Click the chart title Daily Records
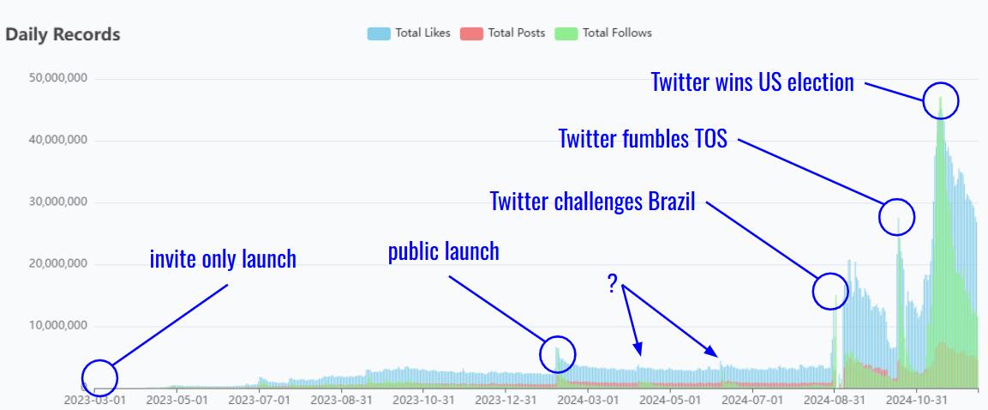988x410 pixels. (x=63, y=35)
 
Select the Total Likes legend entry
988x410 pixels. (x=410, y=33)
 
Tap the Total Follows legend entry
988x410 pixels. (x=603, y=33)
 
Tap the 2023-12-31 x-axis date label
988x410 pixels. (x=506, y=399)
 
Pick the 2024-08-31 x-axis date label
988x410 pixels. (x=835, y=399)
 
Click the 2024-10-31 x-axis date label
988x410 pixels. (x=917, y=399)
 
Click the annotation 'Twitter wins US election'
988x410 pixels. (x=752, y=82)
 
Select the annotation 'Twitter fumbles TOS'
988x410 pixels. (x=643, y=138)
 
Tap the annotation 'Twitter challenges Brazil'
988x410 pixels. (x=592, y=202)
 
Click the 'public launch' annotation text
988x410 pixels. (x=443, y=251)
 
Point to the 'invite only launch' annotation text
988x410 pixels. (x=223, y=258)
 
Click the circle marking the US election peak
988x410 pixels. (x=941, y=100)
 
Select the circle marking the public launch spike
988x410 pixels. (x=558, y=353)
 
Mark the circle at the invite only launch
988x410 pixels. (x=99, y=377)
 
